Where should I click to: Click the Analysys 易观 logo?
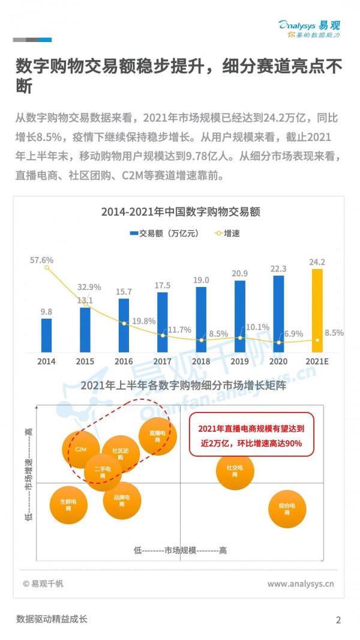[309, 28]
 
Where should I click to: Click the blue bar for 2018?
[201, 319]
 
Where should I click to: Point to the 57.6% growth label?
[42, 260]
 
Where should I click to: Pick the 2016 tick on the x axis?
[124, 361]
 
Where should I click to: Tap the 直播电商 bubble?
[157, 436]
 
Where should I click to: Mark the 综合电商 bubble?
[287, 510]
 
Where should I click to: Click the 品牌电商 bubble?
[122, 501]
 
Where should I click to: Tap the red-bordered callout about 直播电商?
[251, 435]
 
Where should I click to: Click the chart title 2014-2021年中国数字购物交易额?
[179, 212]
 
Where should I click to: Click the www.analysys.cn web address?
[301, 584]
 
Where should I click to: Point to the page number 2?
[338, 620]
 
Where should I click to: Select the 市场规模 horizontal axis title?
[180, 550]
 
